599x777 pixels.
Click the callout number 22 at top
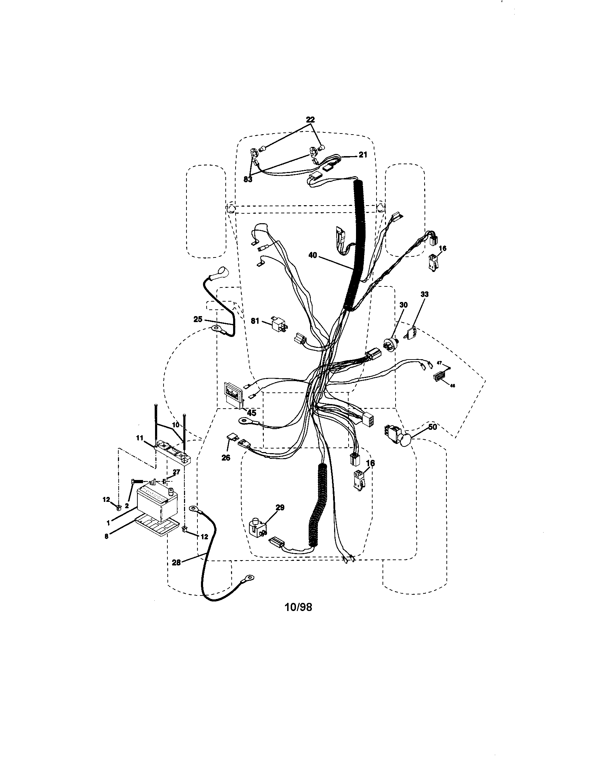pyautogui.click(x=310, y=120)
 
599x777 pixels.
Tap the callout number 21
pyautogui.click(x=362, y=155)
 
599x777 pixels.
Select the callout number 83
pyautogui.click(x=248, y=180)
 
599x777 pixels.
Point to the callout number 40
pyautogui.click(x=313, y=255)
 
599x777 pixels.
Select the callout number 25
pyautogui.click(x=198, y=319)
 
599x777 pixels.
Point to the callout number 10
pyautogui.click(x=176, y=425)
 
